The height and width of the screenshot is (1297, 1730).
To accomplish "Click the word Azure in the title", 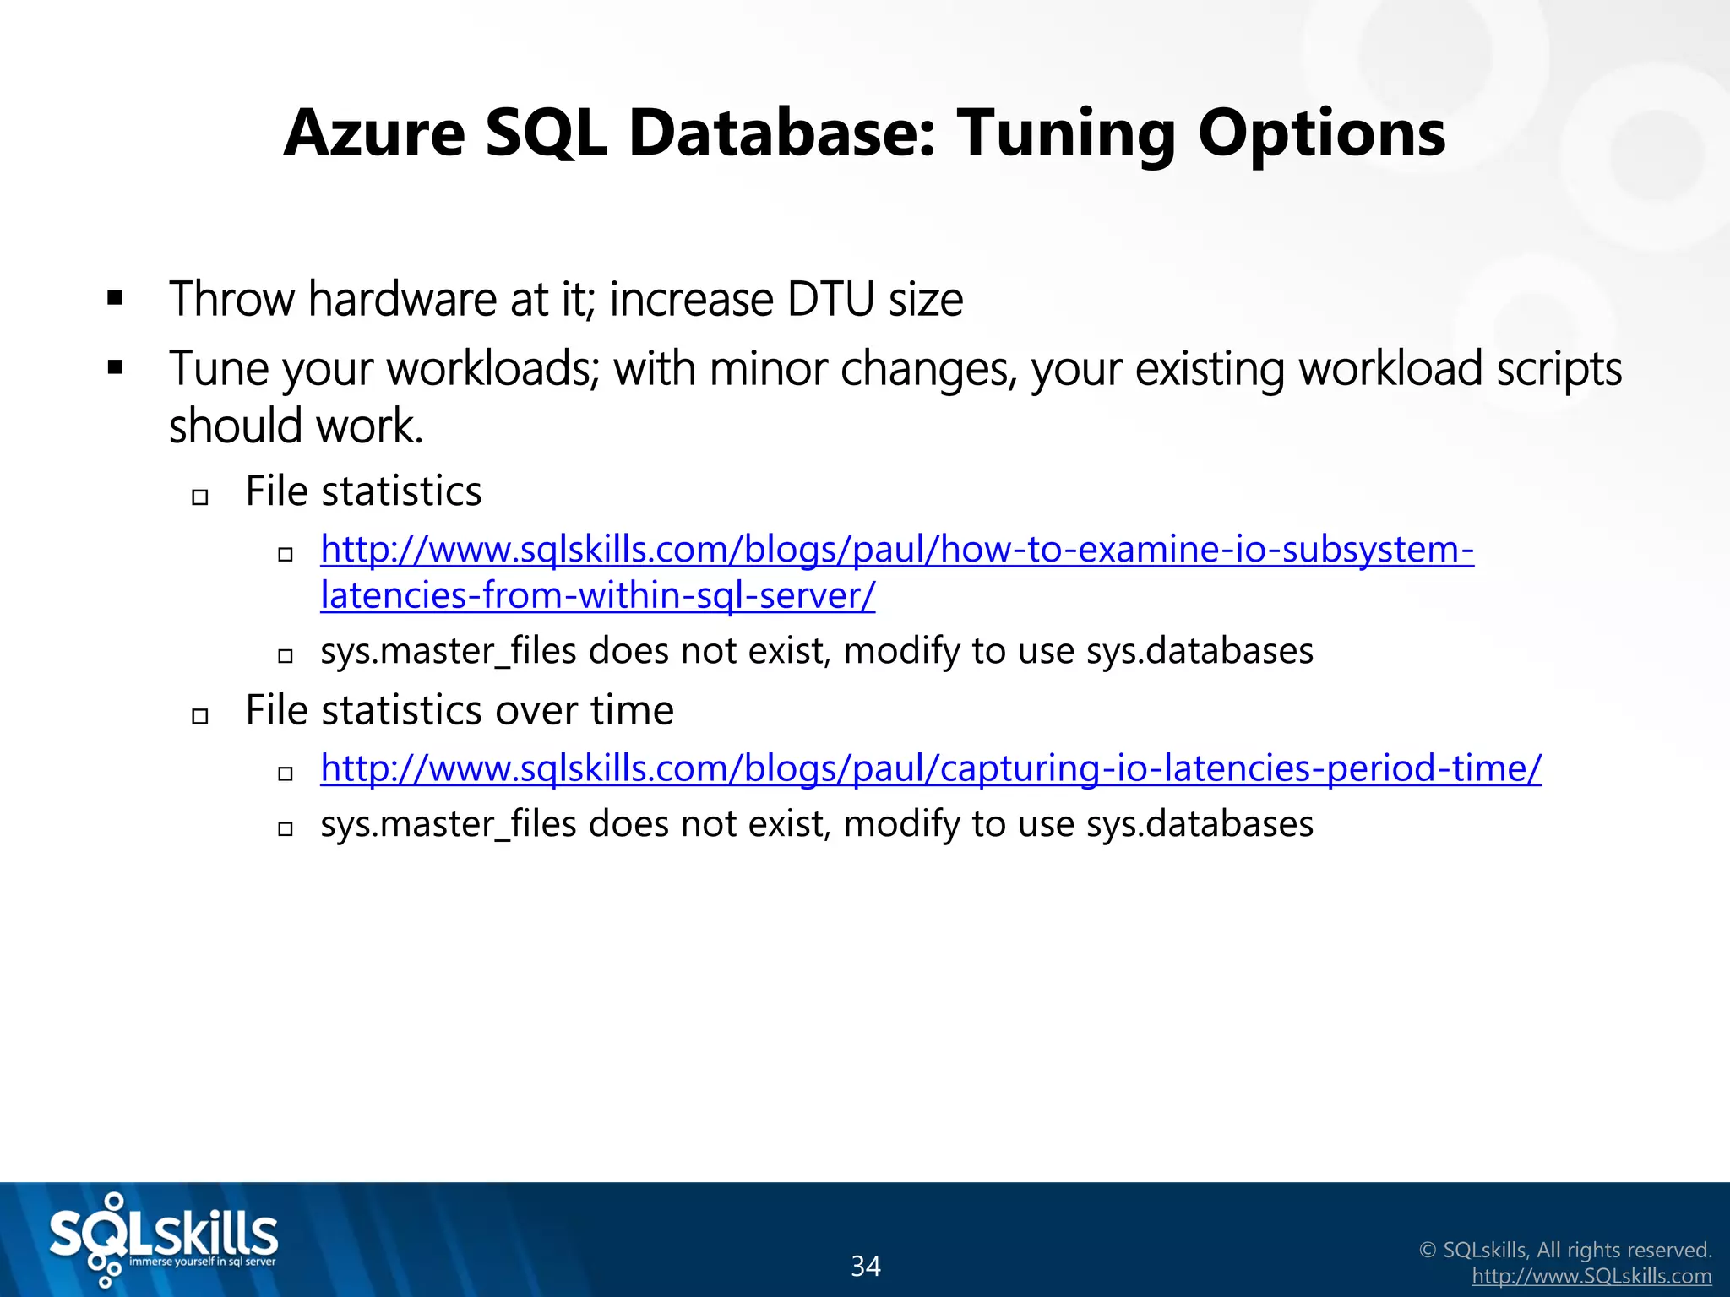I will pos(374,133).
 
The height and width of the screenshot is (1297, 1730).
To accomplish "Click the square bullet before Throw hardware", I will pos(116,298).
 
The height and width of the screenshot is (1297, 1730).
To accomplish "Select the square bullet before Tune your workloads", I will pos(116,367).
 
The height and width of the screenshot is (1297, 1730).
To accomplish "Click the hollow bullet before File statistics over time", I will pos(200,716).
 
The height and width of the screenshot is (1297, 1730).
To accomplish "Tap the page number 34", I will pos(865,1266).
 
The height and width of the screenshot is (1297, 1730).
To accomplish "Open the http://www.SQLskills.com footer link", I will pos(1591,1277).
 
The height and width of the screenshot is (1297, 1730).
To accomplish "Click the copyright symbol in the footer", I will pos(1428,1251).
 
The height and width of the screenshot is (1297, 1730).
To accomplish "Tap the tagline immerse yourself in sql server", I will pos(202,1262).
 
